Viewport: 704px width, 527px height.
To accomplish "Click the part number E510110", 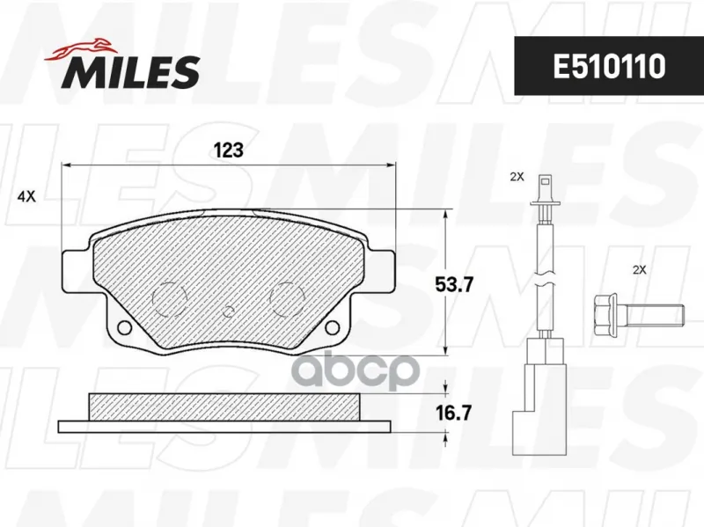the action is click(x=609, y=66).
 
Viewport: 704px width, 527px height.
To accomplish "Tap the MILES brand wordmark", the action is click(x=131, y=72).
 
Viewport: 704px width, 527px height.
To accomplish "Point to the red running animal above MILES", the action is click(x=81, y=49).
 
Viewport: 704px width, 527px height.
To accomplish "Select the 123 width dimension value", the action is click(x=229, y=150).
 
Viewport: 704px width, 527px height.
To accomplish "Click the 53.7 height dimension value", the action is click(x=454, y=284).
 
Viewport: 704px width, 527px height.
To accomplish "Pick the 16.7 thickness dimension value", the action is click(x=454, y=413).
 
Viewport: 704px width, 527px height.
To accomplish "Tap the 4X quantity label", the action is click(x=26, y=196).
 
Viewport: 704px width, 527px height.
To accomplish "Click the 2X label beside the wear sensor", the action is click(x=517, y=177).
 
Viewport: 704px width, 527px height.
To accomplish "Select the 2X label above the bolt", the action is click(x=639, y=270).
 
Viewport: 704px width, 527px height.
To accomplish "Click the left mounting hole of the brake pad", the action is click(x=124, y=327).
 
